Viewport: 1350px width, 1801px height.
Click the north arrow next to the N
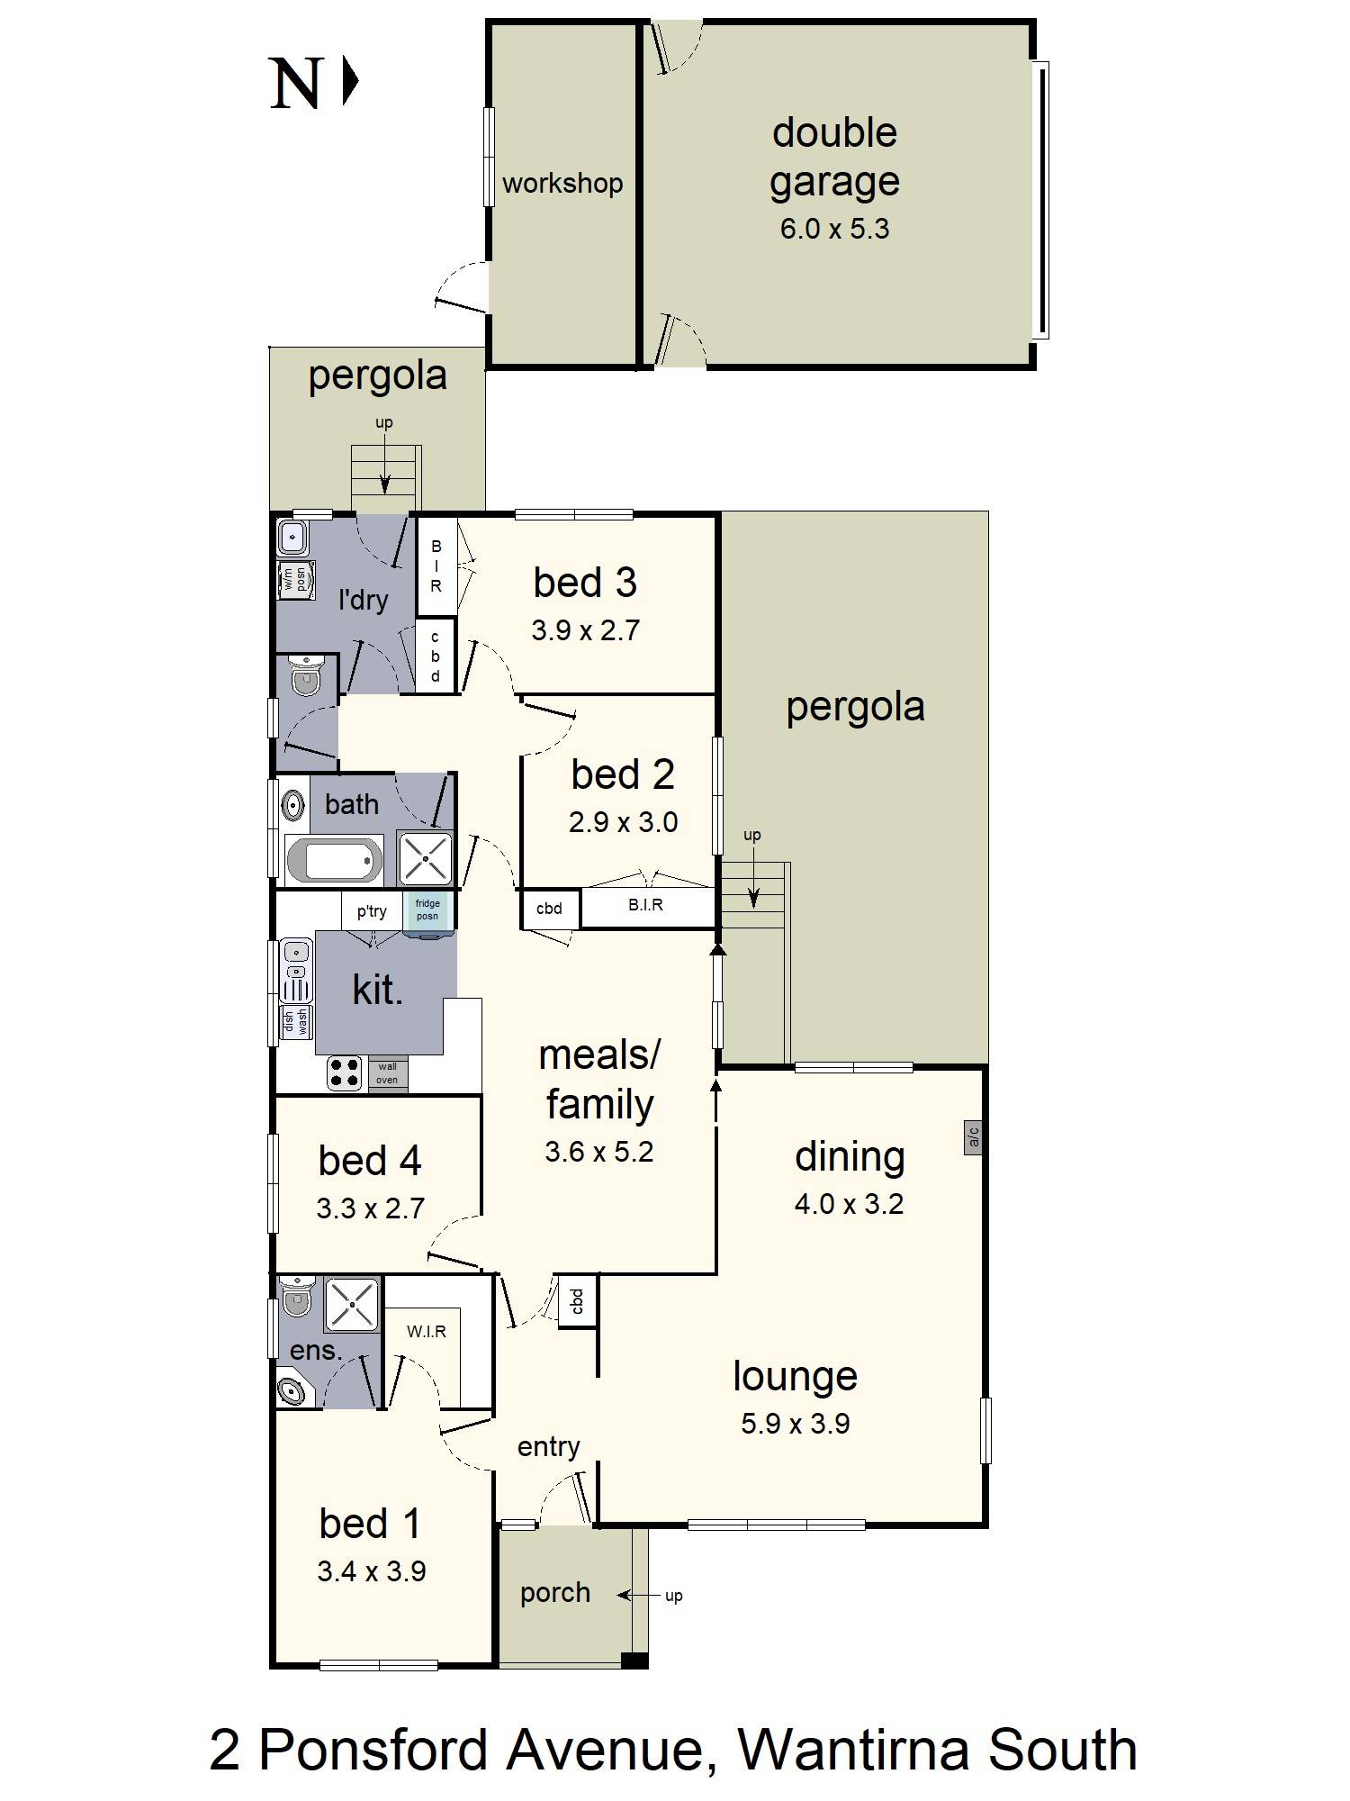(350, 81)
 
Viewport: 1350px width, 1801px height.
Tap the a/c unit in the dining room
(973, 1138)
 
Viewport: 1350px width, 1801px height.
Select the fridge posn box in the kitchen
(427, 910)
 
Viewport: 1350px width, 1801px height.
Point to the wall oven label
(387, 1073)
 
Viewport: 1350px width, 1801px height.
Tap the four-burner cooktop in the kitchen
(345, 1072)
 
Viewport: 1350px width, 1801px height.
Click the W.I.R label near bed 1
(427, 1331)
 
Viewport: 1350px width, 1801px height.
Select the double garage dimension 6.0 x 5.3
(834, 229)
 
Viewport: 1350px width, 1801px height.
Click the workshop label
(562, 184)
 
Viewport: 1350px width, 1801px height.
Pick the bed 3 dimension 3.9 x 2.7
(585, 630)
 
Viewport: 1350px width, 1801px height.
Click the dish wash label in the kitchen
(296, 1020)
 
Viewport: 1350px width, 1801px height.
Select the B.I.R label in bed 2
(645, 905)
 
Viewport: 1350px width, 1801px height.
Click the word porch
(555, 1593)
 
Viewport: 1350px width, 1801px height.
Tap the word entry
(548, 1447)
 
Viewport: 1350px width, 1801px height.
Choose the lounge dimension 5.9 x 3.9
(796, 1424)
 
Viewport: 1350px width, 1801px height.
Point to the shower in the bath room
(426, 859)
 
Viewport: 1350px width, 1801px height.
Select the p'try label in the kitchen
(372, 911)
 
